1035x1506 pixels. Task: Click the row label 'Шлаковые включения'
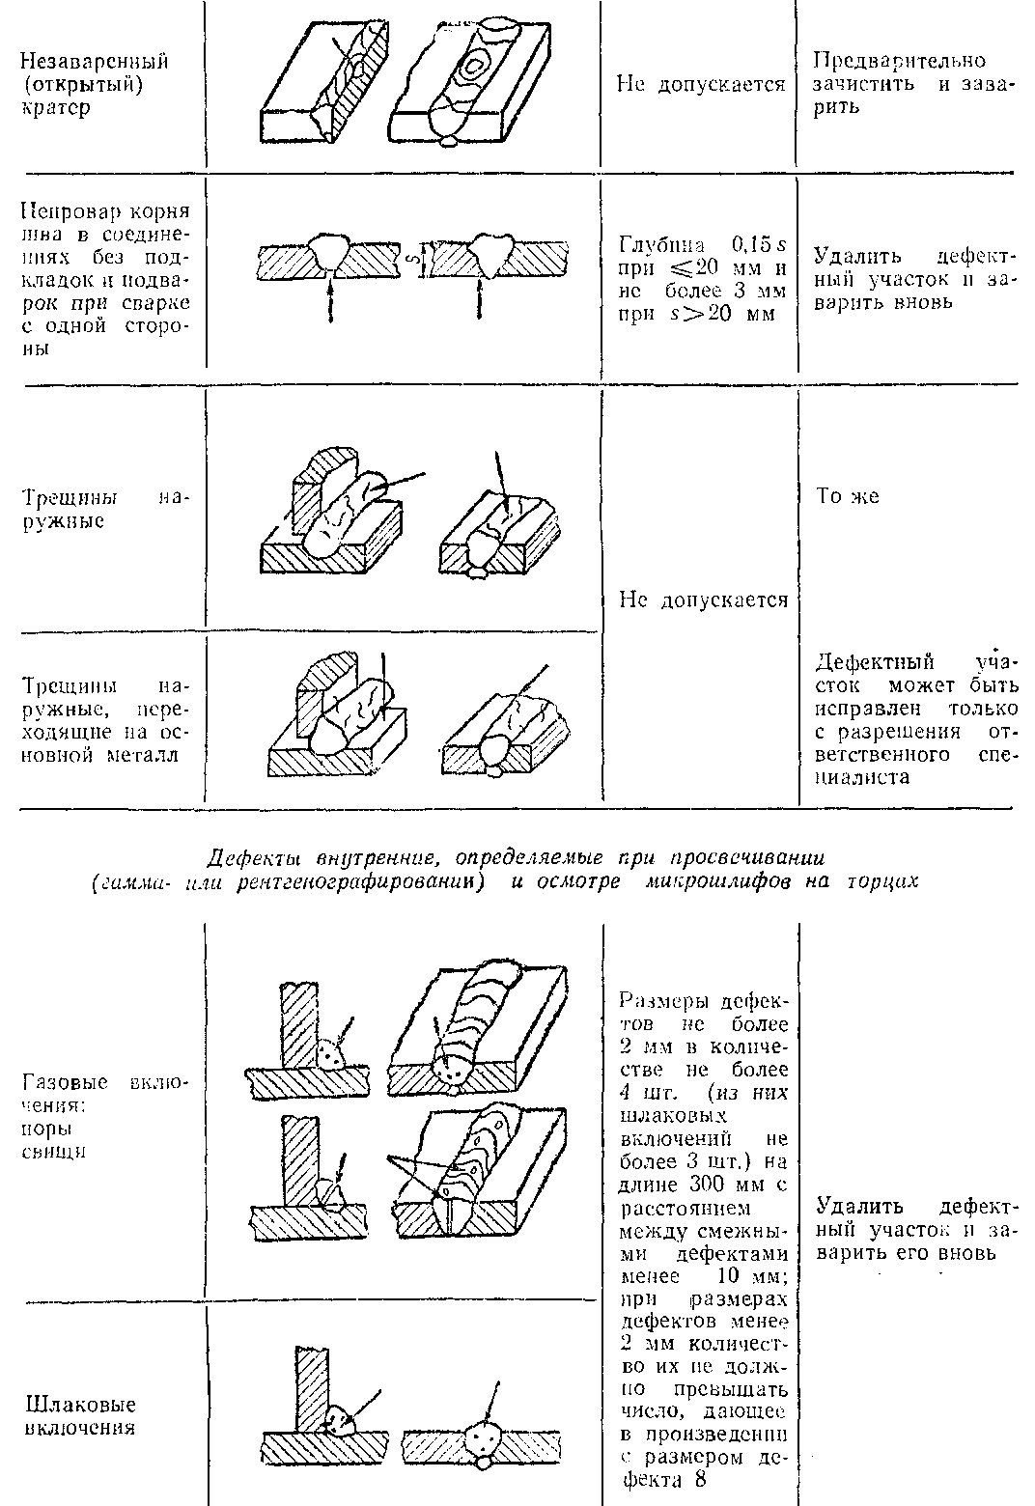(80, 1415)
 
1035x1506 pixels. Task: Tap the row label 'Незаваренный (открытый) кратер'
(94, 84)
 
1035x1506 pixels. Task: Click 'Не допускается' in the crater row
(700, 84)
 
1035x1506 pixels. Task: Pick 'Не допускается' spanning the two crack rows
(702, 600)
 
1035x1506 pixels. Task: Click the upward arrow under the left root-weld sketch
(331, 300)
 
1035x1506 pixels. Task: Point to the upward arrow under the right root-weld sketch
(480, 300)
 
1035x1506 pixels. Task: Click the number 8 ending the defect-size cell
(700, 1478)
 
